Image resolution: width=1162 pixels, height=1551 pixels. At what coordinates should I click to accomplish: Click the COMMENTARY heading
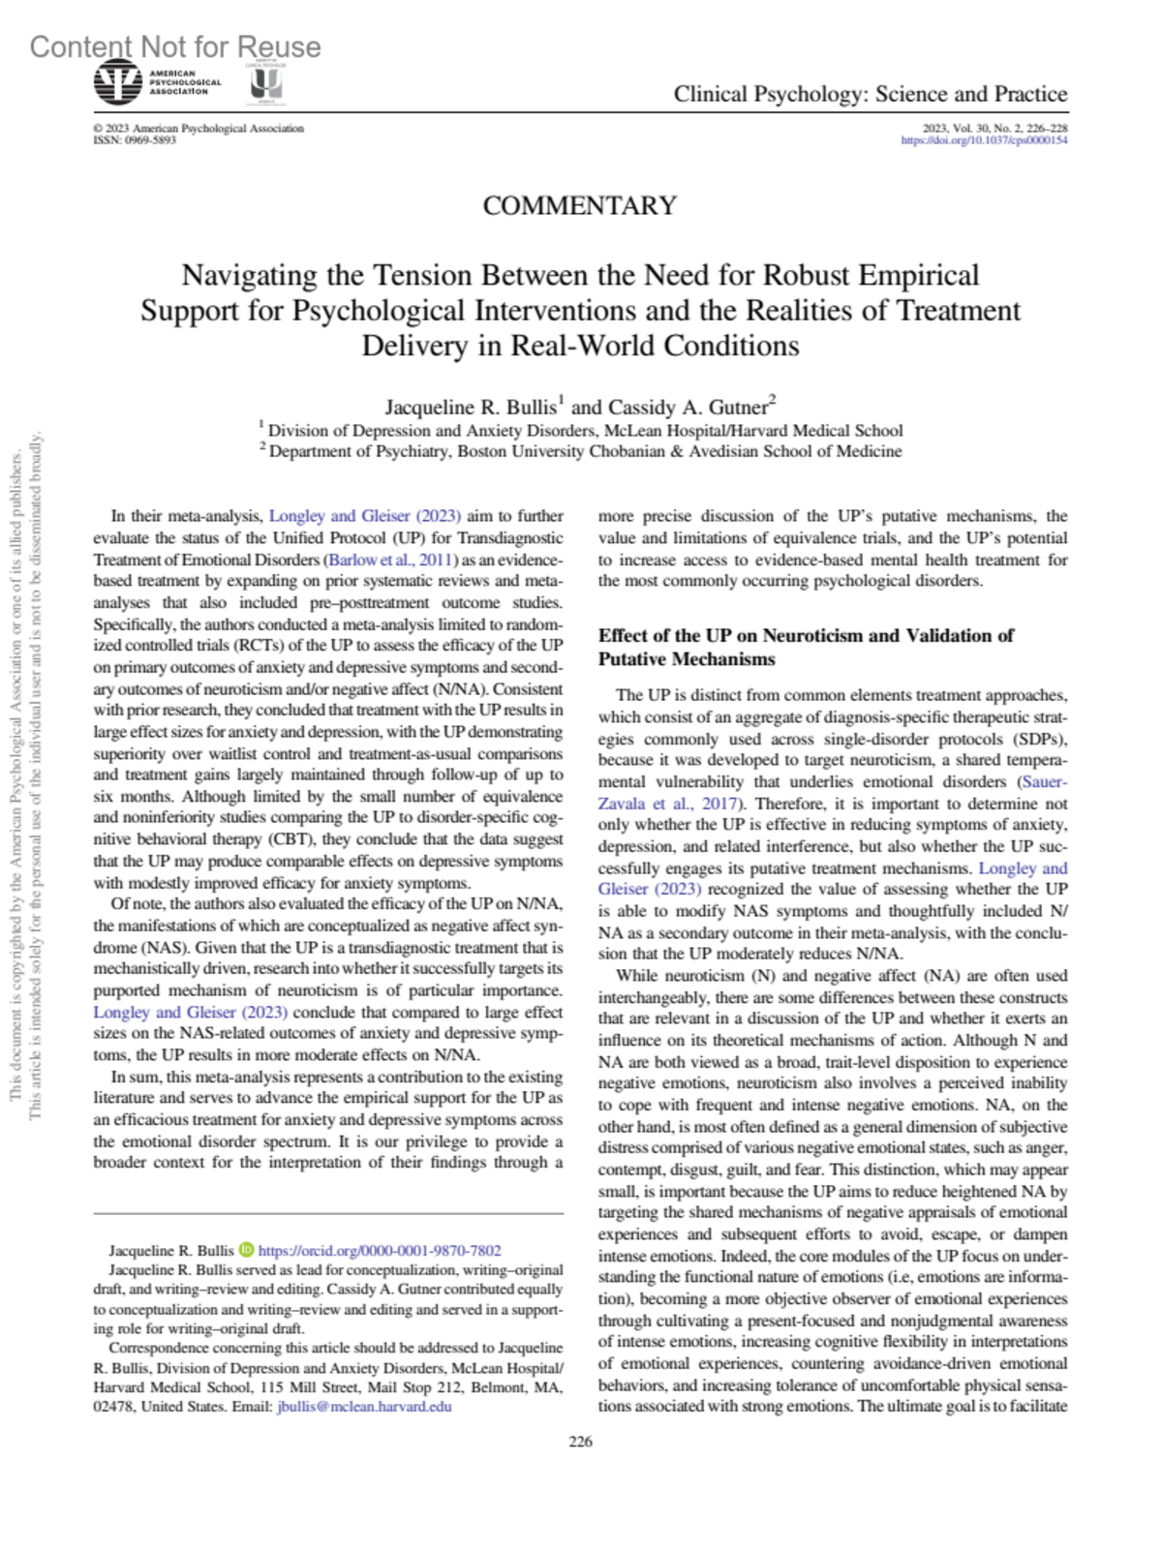coord(579,206)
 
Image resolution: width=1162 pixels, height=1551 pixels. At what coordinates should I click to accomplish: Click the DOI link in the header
coord(984,140)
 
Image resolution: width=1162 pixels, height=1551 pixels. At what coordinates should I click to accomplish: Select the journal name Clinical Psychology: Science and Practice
coord(870,94)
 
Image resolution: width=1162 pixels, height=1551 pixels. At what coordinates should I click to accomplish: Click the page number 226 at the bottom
coord(580,1442)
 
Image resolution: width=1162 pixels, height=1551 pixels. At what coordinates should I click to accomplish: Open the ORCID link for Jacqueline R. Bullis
coord(380,1250)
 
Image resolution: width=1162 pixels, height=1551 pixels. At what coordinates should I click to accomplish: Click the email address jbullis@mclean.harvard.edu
coord(364,1407)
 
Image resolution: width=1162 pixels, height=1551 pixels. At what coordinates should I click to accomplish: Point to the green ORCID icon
coord(246,1250)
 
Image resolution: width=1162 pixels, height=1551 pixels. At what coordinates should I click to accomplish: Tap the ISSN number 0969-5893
coord(135,140)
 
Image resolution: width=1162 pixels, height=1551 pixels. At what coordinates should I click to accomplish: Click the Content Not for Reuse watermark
coord(175,46)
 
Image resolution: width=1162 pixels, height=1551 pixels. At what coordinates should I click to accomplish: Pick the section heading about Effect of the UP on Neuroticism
coord(805,647)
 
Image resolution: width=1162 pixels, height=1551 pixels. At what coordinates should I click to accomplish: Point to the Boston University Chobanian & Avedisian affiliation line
coord(585,451)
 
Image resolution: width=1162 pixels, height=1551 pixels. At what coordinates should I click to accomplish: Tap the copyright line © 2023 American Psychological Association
coord(199,128)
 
